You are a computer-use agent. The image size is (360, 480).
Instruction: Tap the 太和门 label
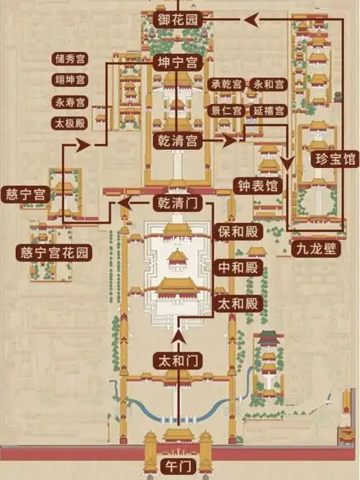176,358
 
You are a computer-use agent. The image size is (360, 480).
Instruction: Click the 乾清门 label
176,204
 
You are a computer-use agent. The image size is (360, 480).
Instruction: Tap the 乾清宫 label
176,141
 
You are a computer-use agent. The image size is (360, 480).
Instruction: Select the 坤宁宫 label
176,63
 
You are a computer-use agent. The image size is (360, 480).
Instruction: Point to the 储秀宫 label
70,58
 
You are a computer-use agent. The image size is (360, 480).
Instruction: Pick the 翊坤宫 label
70,79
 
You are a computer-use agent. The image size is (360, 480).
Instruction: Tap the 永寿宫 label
70,102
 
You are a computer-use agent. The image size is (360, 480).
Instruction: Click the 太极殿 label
70,123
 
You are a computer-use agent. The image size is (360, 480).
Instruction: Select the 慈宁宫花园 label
55,252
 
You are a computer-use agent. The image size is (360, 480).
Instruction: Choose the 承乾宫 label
226,84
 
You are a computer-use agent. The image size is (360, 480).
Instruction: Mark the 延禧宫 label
269,111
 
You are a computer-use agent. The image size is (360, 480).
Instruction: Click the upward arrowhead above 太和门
176,336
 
